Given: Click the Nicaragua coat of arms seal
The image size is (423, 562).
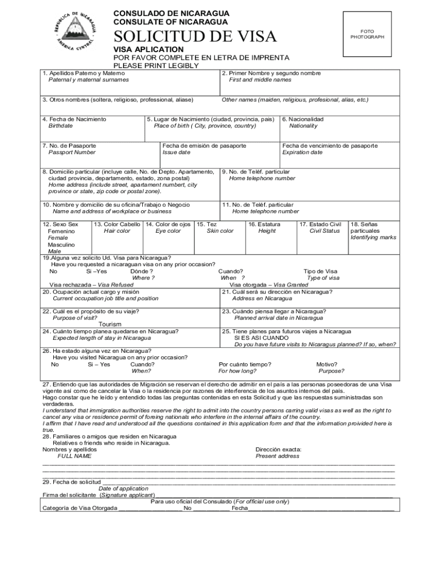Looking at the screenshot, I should point(76,33).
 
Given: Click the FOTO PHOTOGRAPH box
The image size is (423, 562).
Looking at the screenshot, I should point(367,35).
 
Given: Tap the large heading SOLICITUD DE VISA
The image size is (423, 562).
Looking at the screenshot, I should point(195,37).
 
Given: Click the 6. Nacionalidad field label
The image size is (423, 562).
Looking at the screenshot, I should point(303,119).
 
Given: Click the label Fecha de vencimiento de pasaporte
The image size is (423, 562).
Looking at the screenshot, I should point(330,146).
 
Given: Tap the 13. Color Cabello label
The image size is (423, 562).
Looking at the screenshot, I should point(117,224).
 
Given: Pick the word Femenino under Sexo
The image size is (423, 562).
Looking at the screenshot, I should point(62,232).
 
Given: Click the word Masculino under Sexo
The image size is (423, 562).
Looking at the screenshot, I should point(62,245).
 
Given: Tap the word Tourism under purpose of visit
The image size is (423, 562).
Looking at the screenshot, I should point(110,324).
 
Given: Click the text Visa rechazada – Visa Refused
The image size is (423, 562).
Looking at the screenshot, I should point(91,285).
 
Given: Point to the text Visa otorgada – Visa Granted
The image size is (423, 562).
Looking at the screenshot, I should point(269,285).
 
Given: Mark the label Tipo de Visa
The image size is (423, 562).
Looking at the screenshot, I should point(320,271).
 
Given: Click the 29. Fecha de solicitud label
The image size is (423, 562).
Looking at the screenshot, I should point(69,482).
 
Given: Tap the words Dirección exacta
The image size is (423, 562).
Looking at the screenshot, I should point(278,449).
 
